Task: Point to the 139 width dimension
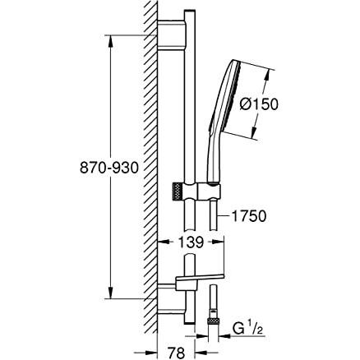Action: coord(191,244)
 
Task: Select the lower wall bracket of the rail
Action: coord(173,288)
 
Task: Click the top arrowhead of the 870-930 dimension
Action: coord(107,38)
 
